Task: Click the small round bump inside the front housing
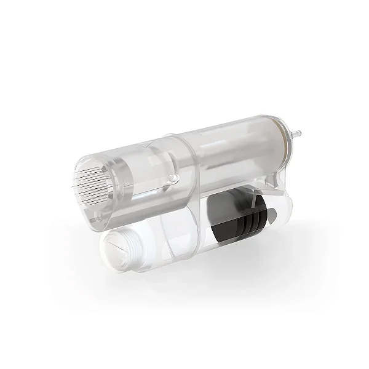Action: coord(174,178)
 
